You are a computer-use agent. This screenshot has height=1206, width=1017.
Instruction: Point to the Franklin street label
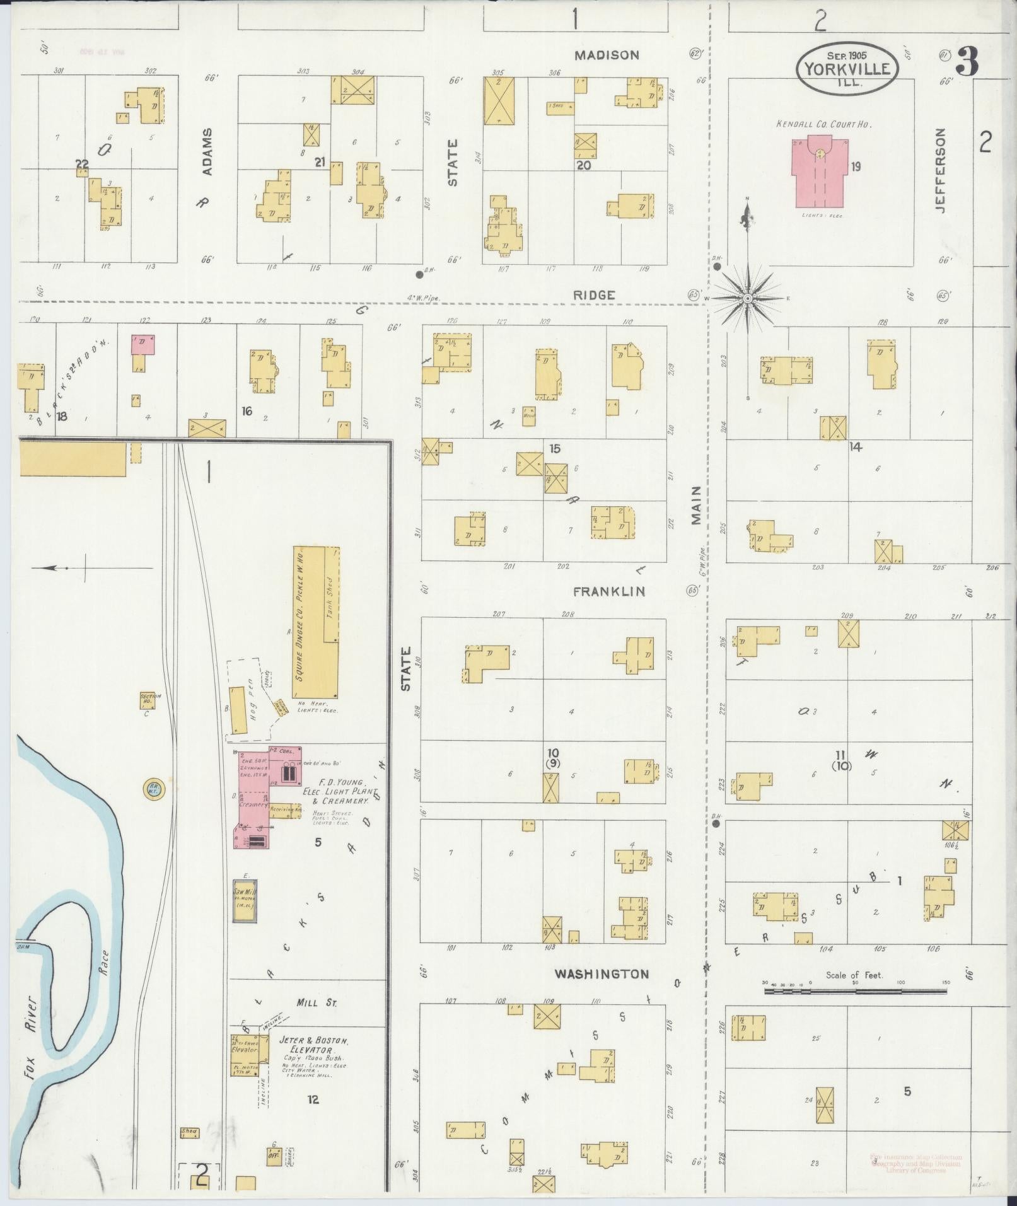[x=609, y=591]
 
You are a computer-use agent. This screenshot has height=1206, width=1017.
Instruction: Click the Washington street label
[x=601, y=974]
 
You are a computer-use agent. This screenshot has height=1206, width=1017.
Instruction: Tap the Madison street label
[x=607, y=55]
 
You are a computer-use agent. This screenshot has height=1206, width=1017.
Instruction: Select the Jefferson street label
[x=940, y=170]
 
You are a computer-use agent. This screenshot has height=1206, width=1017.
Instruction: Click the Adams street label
[x=207, y=152]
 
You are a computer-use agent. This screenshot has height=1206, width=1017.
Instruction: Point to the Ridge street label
[x=594, y=294]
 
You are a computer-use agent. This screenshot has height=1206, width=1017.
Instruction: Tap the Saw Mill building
[x=244, y=901]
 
